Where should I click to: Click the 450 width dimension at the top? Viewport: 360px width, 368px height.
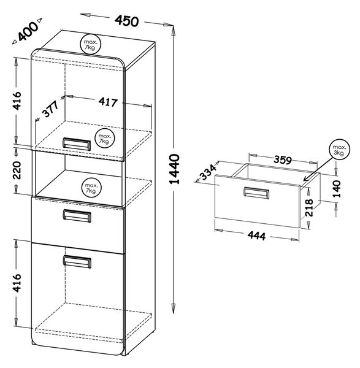(126, 21)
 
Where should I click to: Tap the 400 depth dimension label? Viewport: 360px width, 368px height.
(28, 31)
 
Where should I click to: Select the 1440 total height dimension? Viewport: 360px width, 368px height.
(174, 169)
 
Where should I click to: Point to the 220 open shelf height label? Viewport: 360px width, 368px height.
(17, 170)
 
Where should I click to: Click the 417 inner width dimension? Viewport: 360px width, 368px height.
(108, 102)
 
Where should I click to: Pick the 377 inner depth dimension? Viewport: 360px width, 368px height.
(50, 109)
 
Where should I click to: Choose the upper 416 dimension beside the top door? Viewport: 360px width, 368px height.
(17, 101)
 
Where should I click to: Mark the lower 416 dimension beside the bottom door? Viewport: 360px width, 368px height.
(17, 283)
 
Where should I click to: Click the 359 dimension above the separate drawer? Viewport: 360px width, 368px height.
(283, 160)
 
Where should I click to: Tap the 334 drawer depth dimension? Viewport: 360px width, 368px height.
(208, 172)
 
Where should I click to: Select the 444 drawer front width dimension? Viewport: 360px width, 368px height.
(256, 236)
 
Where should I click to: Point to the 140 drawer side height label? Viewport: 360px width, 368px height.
(337, 189)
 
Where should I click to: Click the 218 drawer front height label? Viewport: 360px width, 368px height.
(309, 208)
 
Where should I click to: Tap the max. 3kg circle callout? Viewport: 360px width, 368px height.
(339, 150)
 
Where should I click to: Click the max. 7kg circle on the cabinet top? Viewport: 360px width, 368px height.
(90, 44)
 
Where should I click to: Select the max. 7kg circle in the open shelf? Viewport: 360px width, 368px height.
(91, 188)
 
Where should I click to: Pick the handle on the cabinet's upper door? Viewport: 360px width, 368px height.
(77, 144)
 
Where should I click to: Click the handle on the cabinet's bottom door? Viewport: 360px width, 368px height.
(77, 261)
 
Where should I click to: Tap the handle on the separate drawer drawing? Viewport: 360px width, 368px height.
(256, 193)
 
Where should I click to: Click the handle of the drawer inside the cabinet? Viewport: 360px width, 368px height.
(77, 216)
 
